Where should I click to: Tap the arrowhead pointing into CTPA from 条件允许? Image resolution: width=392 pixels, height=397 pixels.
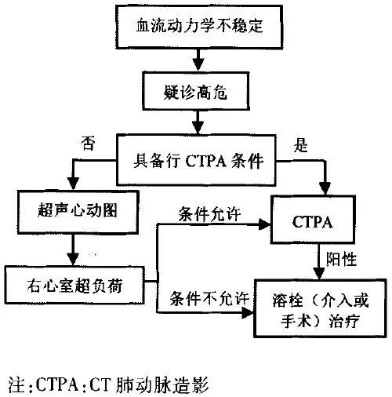click(264, 224)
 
